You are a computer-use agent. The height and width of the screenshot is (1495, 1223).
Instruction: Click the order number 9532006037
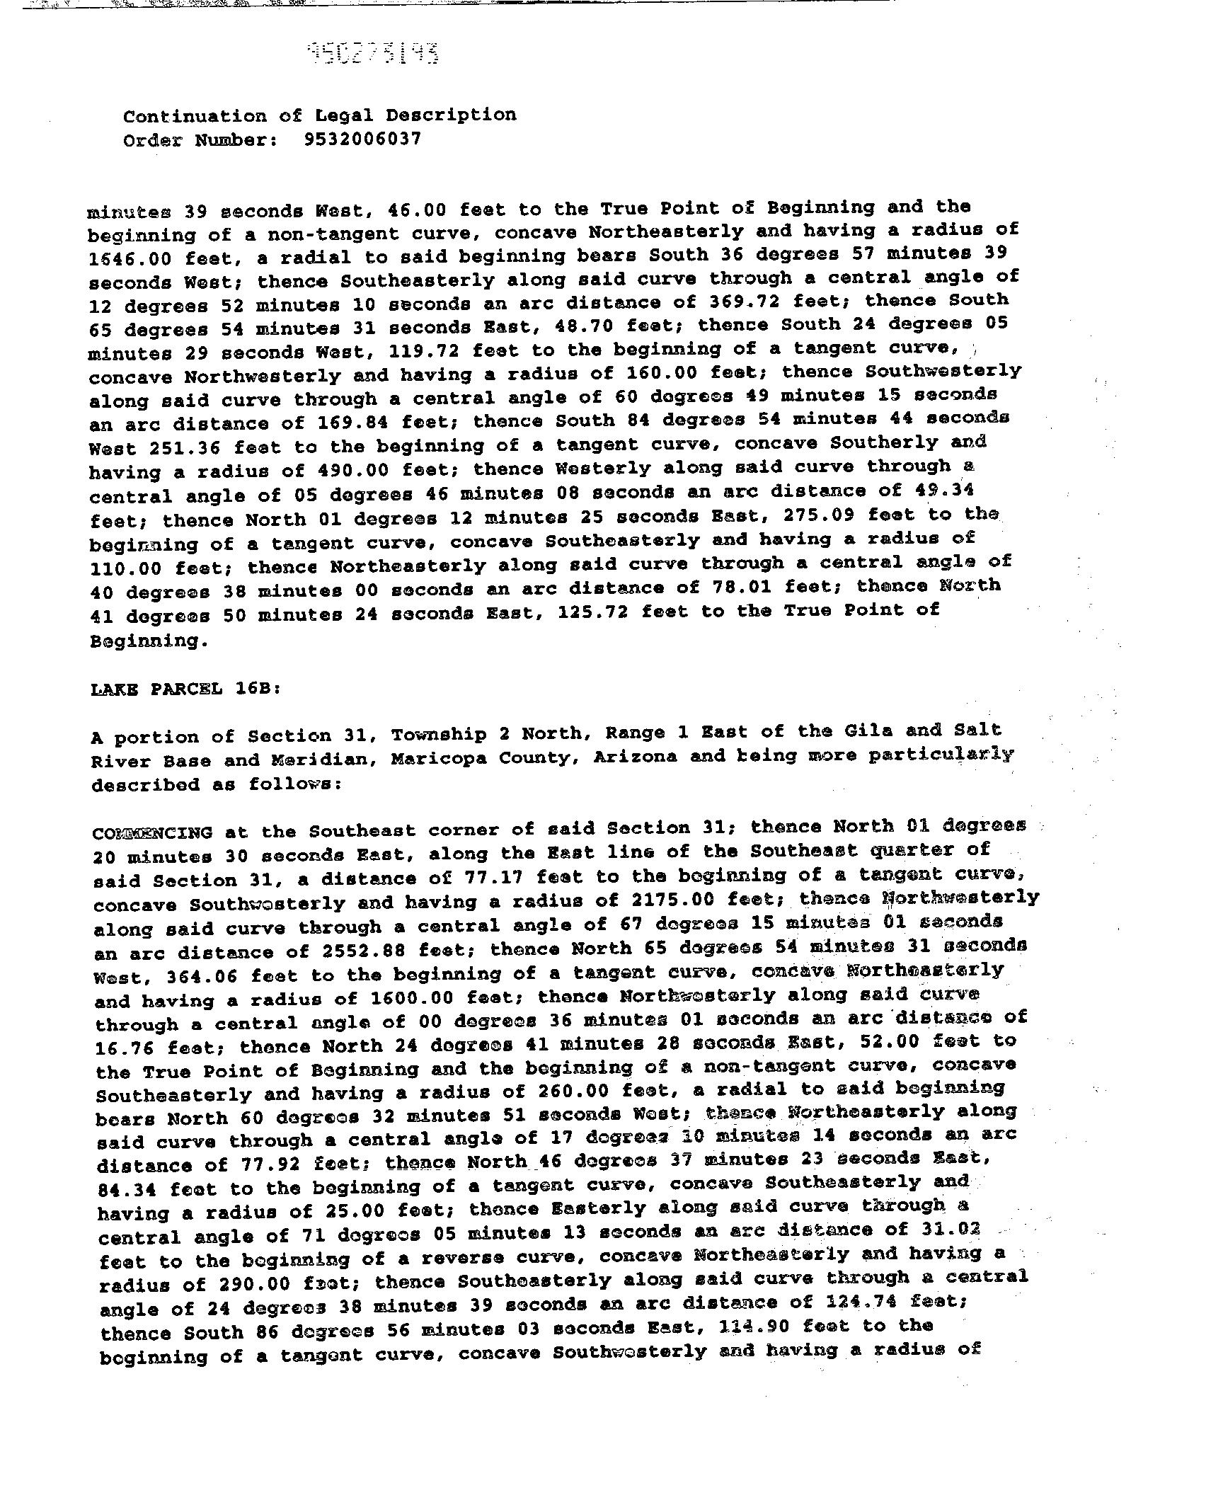click(362, 138)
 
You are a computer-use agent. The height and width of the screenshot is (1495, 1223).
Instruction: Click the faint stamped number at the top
click(373, 53)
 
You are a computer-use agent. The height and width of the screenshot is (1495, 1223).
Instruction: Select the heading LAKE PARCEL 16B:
click(186, 689)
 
